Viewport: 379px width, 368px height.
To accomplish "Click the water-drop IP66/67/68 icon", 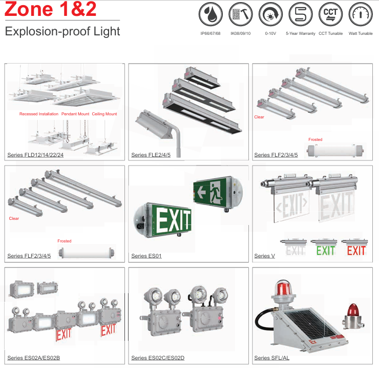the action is (x=210, y=14).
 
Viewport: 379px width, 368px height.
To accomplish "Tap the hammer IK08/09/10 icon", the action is (x=241, y=14).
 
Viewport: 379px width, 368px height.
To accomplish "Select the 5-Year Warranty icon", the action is (x=301, y=14).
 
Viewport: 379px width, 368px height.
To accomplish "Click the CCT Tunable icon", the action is (x=330, y=14).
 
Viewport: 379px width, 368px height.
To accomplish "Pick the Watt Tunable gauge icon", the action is (x=361, y=14).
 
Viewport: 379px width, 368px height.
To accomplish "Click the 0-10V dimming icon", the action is (x=270, y=14).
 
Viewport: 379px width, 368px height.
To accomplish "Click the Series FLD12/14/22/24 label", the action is (x=35, y=155).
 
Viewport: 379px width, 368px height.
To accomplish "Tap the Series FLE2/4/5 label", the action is (x=151, y=155).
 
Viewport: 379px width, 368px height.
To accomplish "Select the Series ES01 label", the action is (x=146, y=256).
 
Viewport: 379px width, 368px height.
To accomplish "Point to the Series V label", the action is (x=264, y=256).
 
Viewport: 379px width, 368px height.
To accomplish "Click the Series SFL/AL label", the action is (x=271, y=358).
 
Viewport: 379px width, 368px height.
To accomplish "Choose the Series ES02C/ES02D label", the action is (x=158, y=358).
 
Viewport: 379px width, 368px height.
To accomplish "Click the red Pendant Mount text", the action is (x=75, y=114).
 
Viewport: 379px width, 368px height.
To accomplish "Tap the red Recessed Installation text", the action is (x=39, y=114).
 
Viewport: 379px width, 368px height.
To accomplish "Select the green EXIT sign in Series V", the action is (x=325, y=250).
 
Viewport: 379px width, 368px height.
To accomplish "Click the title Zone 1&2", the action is (x=51, y=9).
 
